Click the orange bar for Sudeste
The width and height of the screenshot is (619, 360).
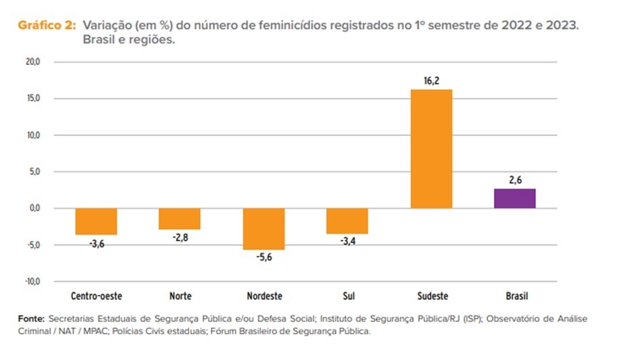[x=431, y=149]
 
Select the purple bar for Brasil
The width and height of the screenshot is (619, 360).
[x=514, y=199]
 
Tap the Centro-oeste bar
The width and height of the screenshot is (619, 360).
[x=96, y=221]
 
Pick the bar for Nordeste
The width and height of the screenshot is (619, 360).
[x=264, y=228]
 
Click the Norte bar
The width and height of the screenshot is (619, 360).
[x=180, y=218]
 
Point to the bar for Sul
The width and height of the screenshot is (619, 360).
[x=347, y=220]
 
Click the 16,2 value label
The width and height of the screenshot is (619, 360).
[x=431, y=80]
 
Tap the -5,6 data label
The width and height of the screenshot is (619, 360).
[x=264, y=258]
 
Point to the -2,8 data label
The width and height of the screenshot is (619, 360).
[x=180, y=238]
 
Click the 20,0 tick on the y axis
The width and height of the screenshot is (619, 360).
[x=33, y=62]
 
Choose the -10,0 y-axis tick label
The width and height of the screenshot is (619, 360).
[x=32, y=281]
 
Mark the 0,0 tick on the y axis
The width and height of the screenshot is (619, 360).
[x=34, y=208]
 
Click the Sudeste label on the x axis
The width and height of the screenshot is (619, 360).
[x=431, y=296]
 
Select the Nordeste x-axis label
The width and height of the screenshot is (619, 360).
[x=264, y=296]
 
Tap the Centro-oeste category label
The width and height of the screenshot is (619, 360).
[x=96, y=296]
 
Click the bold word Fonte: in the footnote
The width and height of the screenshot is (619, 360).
[x=31, y=317]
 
